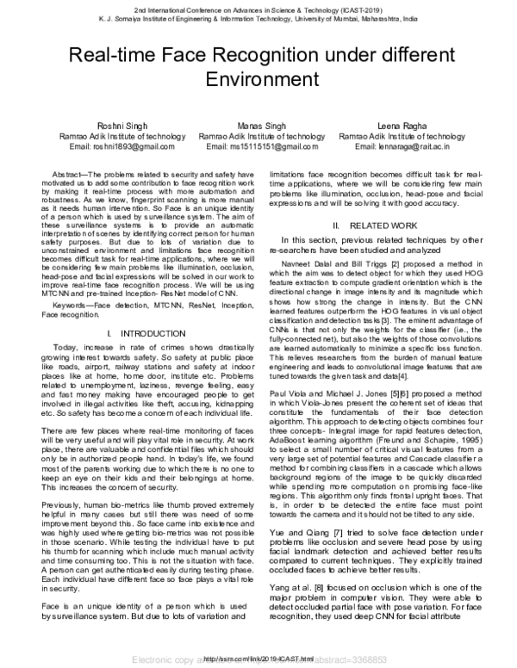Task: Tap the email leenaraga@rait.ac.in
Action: (x=421, y=145)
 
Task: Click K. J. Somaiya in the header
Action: (x=98, y=16)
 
